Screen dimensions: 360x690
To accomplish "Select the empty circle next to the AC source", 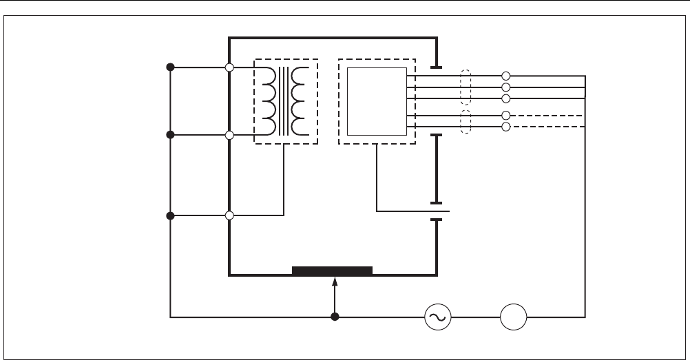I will click(x=513, y=318).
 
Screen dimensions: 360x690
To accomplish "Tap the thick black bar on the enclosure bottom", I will click(x=332, y=271).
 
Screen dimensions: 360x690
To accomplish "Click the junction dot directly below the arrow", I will click(x=335, y=317).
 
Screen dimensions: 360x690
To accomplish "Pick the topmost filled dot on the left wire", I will click(x=171, y=67).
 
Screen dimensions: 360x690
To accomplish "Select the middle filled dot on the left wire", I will click(x=171, y=135).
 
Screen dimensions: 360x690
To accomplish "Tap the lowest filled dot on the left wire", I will click(x=171, y=215).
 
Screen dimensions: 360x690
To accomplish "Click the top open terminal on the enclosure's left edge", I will click(x=229, y=67).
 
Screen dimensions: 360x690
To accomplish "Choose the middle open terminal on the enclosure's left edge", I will click(x=229, y=135).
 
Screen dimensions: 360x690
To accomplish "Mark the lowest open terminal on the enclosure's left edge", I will click(x=229, y=215).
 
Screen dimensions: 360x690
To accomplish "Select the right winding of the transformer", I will click(x=299, y=100).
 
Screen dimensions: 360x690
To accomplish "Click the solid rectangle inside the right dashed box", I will click(x=376, y=102).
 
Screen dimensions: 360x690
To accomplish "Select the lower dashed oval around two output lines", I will click(x=467, y=121).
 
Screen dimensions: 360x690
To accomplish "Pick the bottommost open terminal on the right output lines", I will click(x=506, y=127).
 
